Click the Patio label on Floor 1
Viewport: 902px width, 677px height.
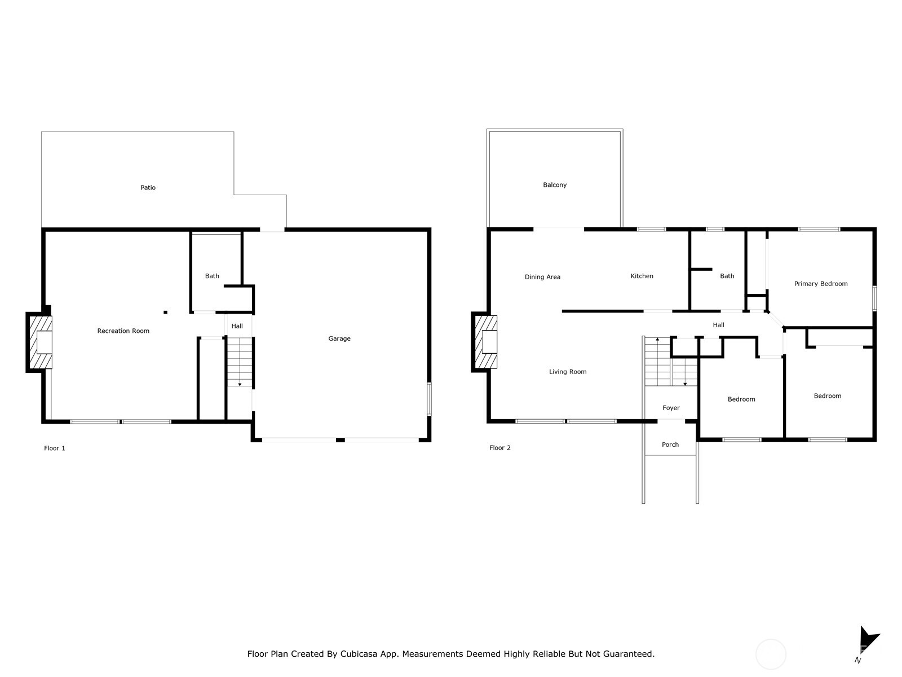tap(148, 187)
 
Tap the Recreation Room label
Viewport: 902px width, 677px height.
tap(123, 331)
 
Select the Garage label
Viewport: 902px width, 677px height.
tap(339, 338)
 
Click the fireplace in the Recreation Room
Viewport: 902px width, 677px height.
tap(41, 342)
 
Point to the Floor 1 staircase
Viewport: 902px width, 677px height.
tap(240, 361)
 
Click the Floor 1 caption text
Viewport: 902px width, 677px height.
tap(55, 448)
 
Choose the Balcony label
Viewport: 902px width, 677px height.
tap(555, 185)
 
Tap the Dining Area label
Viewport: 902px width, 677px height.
tap(542, 276)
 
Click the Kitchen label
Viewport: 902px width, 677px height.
tap(642, 276)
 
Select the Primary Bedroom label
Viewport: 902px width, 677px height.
tap(821, 284)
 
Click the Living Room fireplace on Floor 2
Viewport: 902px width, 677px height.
tap(486, 342)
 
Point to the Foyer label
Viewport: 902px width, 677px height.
tap(671, 408)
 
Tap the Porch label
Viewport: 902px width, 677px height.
tap(670, 445)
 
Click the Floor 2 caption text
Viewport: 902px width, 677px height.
tap(500, 448)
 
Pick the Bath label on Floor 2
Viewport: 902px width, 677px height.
tap(727, 276)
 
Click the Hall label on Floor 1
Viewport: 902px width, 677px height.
tap(237, 326)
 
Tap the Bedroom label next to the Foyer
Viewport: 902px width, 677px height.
tap(741, 399)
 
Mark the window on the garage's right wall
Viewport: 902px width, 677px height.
tap(429, 399)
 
